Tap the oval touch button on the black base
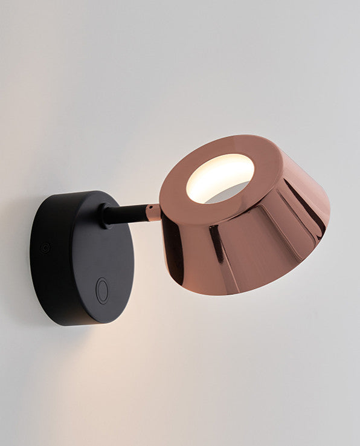(103, 291)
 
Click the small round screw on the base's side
(45, 247)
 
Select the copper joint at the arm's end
(153, 212)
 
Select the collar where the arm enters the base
(106, 215)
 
